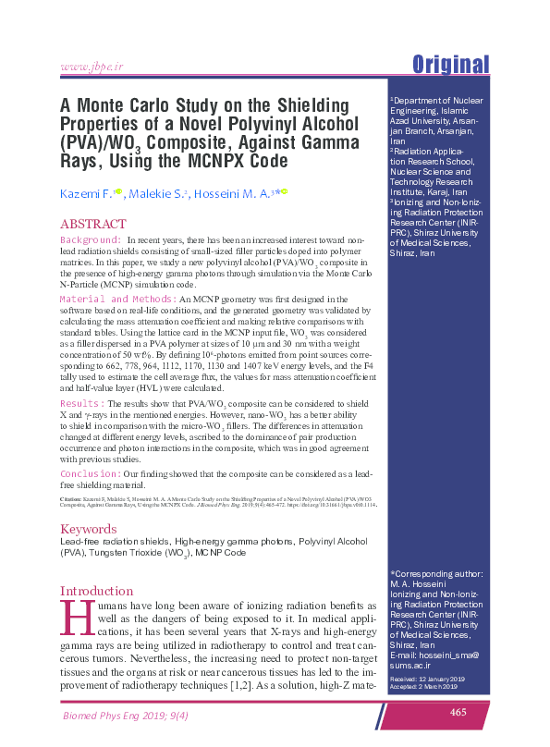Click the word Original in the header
click(450, 65)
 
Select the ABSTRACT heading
click(92, 224)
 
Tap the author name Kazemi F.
click(85, 192)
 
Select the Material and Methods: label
click(118, 300)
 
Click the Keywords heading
click(89, 530)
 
